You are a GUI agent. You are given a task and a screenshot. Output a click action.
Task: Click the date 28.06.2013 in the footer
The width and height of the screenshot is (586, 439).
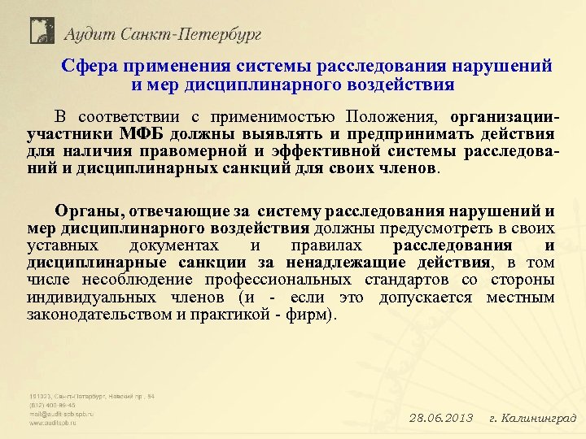pyautogui.click(x=440, y=418)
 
